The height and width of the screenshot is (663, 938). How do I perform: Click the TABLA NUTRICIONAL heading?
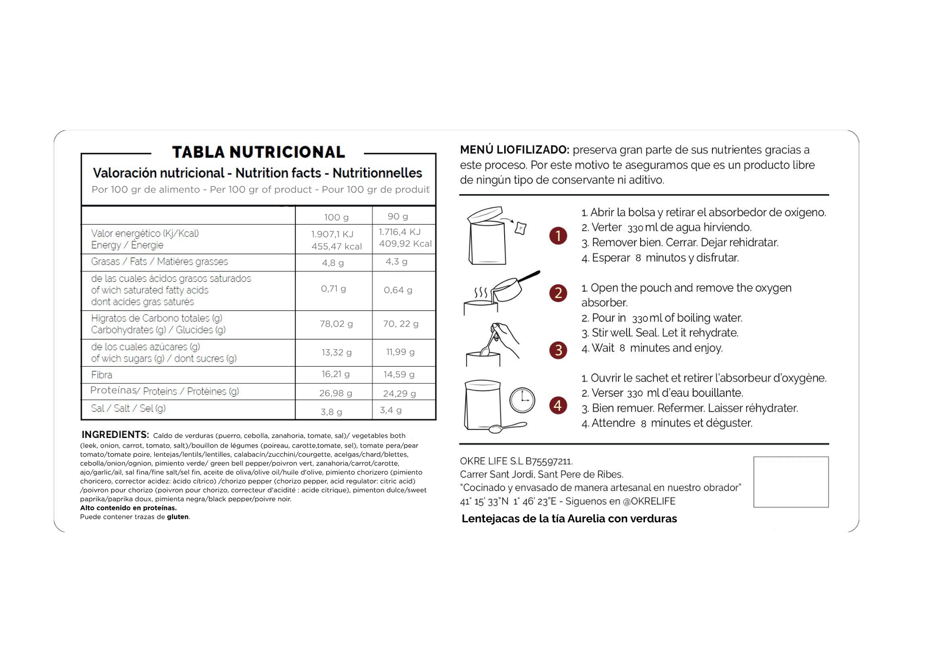[x=258, y=152]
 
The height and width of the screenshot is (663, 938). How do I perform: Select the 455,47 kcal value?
[x=336, y=247]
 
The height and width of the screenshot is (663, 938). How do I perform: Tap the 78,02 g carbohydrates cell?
[x=336, y=324]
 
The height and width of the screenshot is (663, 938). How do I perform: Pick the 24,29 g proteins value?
[x=399, y=394]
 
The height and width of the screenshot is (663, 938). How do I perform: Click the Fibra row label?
[x=102, y=375]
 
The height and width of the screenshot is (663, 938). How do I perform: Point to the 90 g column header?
[x=398, y=217]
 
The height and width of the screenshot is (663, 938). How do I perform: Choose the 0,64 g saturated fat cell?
[x=398, y=290]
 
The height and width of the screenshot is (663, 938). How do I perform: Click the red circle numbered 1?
[x=558, y=236]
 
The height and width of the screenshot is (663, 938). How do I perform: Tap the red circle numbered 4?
[x=558, y=405]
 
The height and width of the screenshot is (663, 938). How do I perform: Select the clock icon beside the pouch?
[x=523, y=400]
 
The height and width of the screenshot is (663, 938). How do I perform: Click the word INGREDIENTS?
[x=115, y=435]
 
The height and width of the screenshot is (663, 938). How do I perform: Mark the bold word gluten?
[x=177, y=517]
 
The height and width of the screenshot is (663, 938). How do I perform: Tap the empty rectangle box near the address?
[x=791, y=482]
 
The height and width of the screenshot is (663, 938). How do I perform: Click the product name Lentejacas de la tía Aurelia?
[x=569, y=519]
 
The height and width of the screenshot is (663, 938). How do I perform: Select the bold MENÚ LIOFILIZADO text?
[x=514, y=150]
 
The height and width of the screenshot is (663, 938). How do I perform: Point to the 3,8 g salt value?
[x=332, y=412]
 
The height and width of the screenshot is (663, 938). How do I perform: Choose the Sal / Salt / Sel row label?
[x=128, y=409]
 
